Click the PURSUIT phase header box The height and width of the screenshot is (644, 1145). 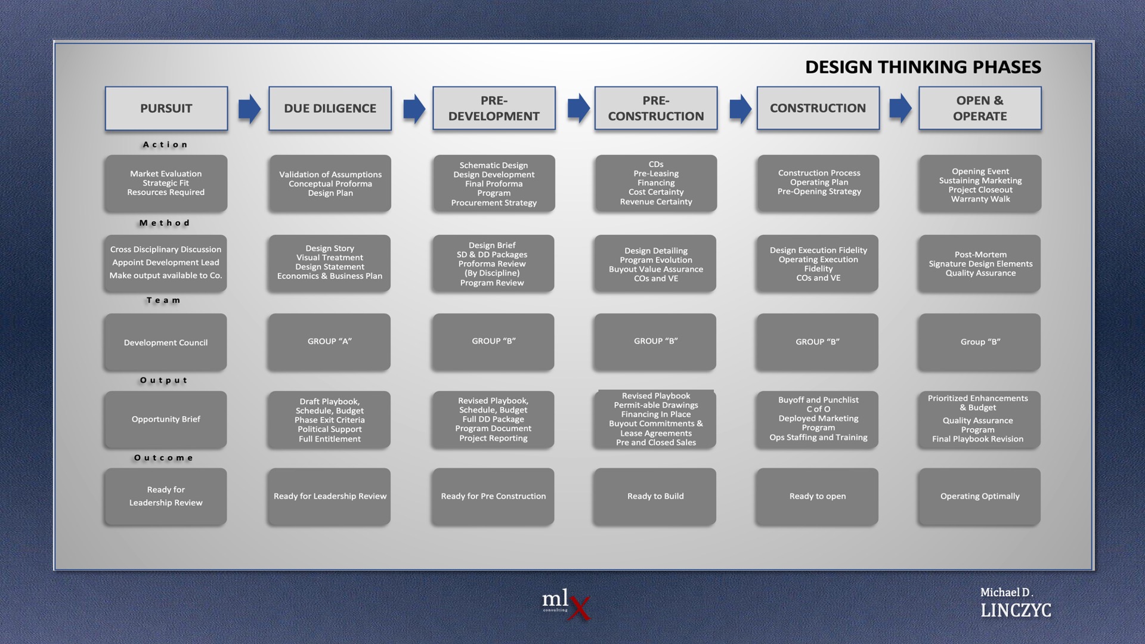(x=166, y=109)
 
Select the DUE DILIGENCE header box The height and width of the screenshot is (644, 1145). (x=330, y=109)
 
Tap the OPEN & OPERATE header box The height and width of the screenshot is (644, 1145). (x=980, y=109)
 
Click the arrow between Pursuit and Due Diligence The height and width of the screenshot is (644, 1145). (x=249, y=109)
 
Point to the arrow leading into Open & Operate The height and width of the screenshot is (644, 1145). (x=900, y=109)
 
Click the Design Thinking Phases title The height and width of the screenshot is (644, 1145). (x=923, y=67)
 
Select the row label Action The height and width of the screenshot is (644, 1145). (x=165, y=144)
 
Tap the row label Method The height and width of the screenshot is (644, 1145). (x=165, y=223)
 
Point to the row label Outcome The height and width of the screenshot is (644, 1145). (x=163, y=458)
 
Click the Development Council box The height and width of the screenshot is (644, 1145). (x=165, y=342)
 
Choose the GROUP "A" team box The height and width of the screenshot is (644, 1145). (x=329, y=342)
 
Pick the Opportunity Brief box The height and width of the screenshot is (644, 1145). (x=165, y=419)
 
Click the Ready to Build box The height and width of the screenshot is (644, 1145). (x=655, y=496)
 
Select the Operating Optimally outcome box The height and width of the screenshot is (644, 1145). (x=979, y=496)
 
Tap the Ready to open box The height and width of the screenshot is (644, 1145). (x=817, y=496)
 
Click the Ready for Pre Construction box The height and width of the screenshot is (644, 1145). (x=493, y=496)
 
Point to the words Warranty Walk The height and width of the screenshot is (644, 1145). (x=980, y=199)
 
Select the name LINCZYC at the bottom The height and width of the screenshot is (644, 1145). (x=1016, y=610)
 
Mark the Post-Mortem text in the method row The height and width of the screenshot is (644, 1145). (x=980, y=255)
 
